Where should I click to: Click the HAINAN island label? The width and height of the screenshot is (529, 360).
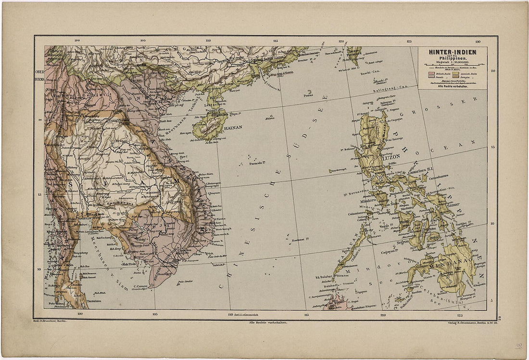pos(231,127)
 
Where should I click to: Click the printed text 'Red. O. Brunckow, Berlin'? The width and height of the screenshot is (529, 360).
pos(54,319)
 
